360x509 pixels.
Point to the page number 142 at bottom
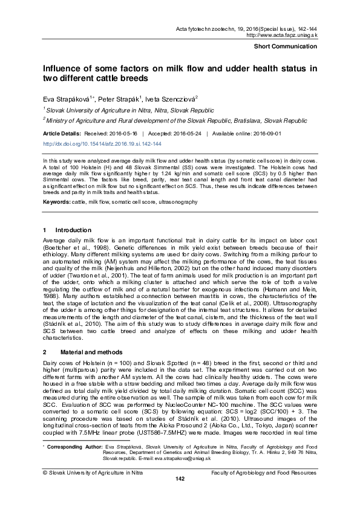coord(180,496)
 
